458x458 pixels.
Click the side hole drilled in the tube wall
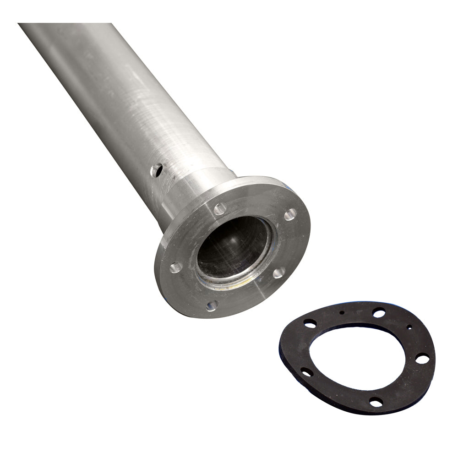coord(157,170)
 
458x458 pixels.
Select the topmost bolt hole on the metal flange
coord(220,209)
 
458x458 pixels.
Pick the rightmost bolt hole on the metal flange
coord(290,214)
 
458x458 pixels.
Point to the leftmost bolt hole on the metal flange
coord(176,267)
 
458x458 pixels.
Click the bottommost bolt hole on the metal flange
coord(211,305)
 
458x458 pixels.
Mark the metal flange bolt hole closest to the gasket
coord(278,273)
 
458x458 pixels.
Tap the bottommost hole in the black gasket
coord(376,402)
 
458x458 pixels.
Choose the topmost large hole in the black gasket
coord(379,313)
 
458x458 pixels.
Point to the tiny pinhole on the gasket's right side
coord(409,327)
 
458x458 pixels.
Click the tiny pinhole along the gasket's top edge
coord(342,313)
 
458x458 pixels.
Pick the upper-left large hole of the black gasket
coord(310,323)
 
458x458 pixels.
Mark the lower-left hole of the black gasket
coord(306,372)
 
